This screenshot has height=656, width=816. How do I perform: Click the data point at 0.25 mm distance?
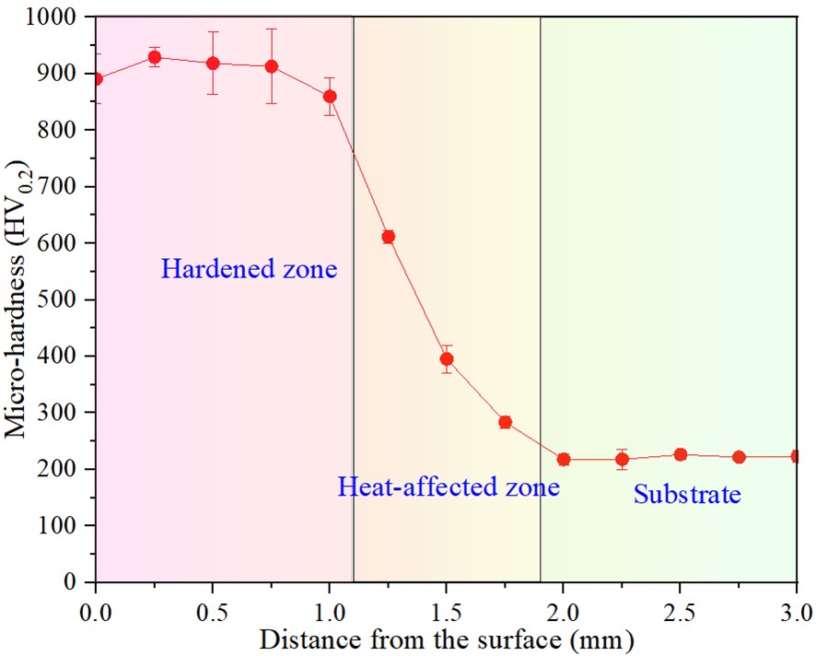[x=155, y=57]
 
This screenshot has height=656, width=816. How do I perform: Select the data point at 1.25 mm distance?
[x=389, y=237]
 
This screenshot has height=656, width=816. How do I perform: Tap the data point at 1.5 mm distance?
[x=447, y=359]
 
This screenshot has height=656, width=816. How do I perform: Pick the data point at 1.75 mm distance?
[x=505, y=422]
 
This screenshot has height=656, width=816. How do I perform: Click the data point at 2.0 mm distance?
[x=564, y=459]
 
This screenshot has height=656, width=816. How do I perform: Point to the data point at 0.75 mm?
[x=272, y=66]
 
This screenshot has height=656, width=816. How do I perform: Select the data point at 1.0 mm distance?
[x=330, y=96]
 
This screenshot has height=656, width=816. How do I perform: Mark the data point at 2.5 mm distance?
[x=681, y=454]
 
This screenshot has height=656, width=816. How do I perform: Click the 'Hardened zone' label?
[x=250, y=270]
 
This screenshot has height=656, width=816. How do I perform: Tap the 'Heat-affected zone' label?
[x=449, y=486]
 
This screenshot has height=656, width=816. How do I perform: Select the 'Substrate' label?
[x=687, y=495]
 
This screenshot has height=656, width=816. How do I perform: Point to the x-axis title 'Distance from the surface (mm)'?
[x=446, y=638]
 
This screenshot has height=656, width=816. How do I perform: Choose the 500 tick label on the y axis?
[x=61, y=299]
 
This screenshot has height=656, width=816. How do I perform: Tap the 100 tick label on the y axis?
[x=61, y=525]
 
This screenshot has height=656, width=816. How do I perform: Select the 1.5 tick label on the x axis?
[x=447, y=609]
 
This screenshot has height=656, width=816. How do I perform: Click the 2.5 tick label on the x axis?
[x=681, y=609]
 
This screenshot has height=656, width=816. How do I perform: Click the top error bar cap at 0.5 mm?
[x=213, y=32]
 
